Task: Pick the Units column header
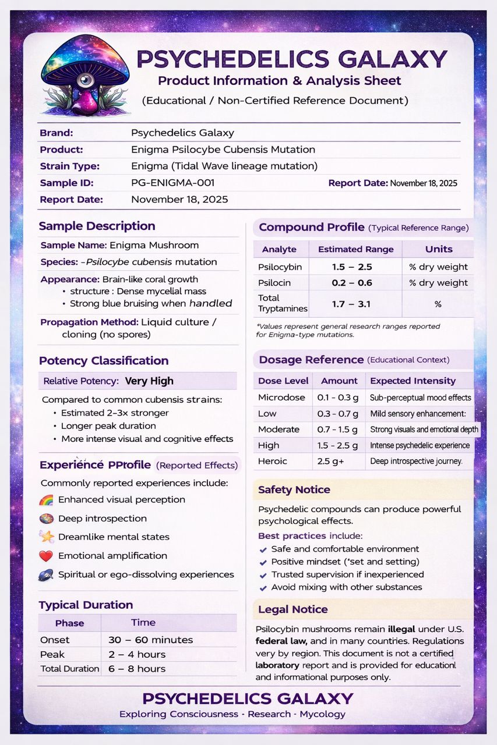[439, 249]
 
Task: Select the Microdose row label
[281, 398]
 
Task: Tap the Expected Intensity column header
[413, 381]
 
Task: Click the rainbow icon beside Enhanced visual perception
[46, 500]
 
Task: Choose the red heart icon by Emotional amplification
[46, 556]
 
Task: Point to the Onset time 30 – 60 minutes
[150, 640]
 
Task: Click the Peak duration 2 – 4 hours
[137, 654]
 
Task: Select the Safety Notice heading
[294, 489]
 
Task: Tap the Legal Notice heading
[292, 609]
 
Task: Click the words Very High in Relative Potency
[149, 381]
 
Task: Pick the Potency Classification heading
[103, 360]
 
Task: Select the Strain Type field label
[69, 166]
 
